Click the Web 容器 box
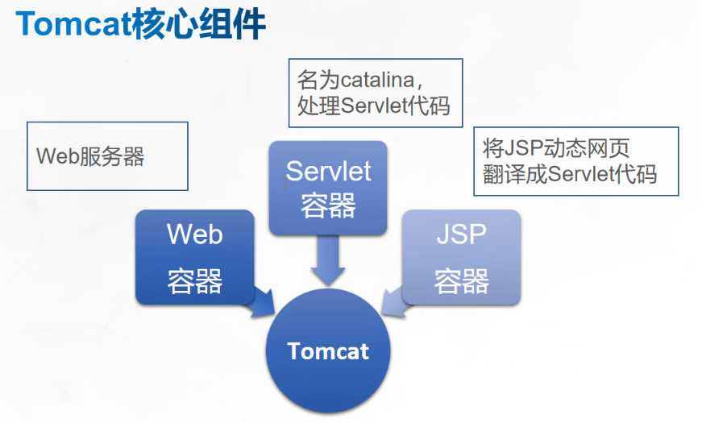coord(195,258)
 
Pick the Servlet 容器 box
coord(328,189)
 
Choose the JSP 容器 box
coord(461,258)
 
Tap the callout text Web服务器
coord(90,156)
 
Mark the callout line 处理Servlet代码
coord(373,106)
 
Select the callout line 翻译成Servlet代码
coord(570,174)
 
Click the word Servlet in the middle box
coord(328,171)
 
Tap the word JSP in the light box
coord(461,234)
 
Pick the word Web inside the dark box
coord(195,234)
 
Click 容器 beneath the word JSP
coord(461,281)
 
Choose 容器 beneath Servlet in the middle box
coord(328,206)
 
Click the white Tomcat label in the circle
coord(328,351)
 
